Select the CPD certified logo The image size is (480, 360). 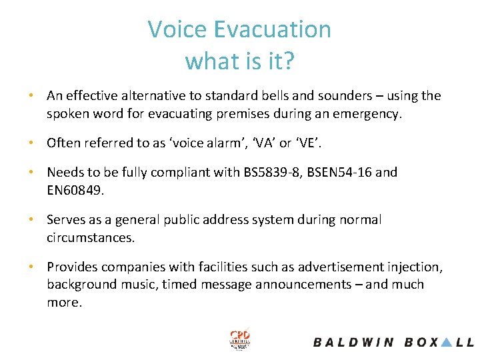click(239, 340)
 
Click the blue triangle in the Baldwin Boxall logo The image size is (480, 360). click(447, 342)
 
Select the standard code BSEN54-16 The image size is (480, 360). click(339, 173)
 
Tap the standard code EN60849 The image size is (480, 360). click(75, 190)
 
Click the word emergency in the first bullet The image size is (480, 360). click(365, 114)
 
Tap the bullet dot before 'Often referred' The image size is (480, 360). click(31, 143)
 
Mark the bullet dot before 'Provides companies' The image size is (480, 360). click(31, 267)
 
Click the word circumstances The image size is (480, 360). click(89, 238)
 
